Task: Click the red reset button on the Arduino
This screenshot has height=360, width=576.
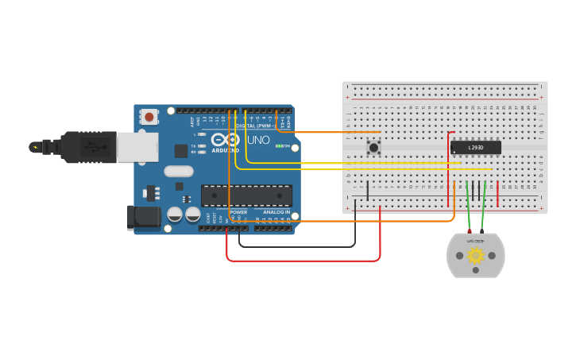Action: click(149, 117)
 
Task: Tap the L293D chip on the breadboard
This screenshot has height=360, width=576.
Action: click(475, 148)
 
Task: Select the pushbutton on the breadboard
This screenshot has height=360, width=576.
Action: click(373, 147)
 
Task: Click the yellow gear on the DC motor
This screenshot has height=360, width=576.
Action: click(475, 255)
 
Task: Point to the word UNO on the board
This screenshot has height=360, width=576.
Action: click(258, 140)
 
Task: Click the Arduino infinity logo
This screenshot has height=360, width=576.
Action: click(225, 139)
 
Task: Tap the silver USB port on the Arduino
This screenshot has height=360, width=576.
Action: click(137, 147)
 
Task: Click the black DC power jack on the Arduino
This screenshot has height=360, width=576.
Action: click(139, 218)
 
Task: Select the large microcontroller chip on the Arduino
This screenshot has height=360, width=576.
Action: click(246, 195)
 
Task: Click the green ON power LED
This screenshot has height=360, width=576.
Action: click(278, 146)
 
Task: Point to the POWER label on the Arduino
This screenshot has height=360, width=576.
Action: click(238, 212)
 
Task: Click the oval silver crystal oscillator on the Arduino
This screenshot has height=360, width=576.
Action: click(179, 171)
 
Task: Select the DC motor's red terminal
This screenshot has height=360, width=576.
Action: click(470, 231)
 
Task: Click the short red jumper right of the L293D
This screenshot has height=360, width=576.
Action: click(498, 194)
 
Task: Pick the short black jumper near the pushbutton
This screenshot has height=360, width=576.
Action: click(367, 190)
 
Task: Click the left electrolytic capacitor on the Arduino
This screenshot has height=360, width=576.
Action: click(175, 215)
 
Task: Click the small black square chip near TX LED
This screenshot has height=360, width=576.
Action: click(181, 150)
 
